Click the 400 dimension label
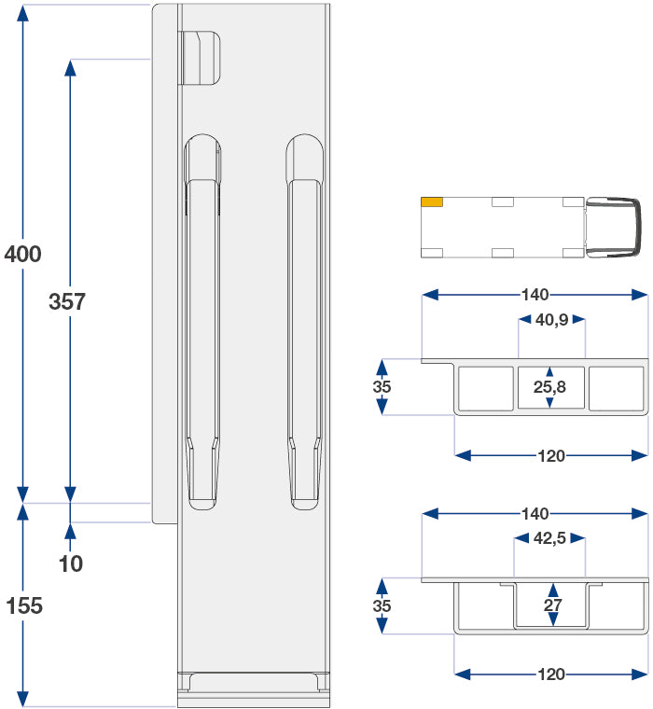coord(22,254)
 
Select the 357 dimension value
coord(67,302)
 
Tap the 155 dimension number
coord(23,606)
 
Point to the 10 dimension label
coord(70,563)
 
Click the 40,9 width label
coord(552,320)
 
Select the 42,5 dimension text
coord(549,538)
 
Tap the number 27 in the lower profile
coord(551,605)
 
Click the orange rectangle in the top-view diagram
coord(432,202)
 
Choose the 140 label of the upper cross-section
coord(535,295)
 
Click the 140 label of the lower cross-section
coord(535,514)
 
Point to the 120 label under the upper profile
coord(551,456)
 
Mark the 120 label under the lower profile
coord(551,674)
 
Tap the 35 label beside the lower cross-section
coord(382,606)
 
